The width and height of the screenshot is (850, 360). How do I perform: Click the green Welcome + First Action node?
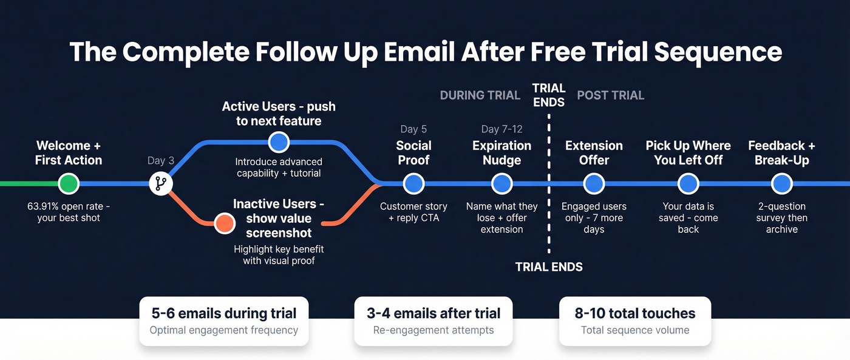tap(69, 183)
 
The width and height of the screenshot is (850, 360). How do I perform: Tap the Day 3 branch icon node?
tap(161, 183)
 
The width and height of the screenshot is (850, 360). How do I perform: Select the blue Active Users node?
tap(279, 143)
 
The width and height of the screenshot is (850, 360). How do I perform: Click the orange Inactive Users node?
tap(225, 223)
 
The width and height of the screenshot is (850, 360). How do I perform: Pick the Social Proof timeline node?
tap(413, 183)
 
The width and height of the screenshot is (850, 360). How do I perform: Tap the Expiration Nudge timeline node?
tap(501, 183)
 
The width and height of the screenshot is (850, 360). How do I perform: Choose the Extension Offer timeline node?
tap(594, 183)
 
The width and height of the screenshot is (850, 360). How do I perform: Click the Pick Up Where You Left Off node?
tap(688, 183)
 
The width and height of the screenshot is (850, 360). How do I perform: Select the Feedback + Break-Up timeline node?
tap(781, 183)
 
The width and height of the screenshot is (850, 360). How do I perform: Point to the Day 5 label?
tap(413, 129)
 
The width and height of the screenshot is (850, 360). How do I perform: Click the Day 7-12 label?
tap(501, 129)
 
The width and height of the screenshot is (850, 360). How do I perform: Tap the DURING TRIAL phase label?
tap(480, 95)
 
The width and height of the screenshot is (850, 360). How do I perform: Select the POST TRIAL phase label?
tap(610, 95)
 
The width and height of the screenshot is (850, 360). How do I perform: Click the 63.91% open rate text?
tap(69, 212)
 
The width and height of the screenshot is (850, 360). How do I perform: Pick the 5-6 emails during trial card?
tap(224, 321)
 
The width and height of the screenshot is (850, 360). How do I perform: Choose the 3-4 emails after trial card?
tap(433, 321)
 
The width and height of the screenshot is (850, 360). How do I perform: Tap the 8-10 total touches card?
tap(635, 321)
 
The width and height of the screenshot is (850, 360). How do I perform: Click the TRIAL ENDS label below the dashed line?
tap(549, 267)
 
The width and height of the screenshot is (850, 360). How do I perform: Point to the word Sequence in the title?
tap(718, 52)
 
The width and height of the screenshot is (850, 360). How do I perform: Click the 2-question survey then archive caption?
tap(781, 218)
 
